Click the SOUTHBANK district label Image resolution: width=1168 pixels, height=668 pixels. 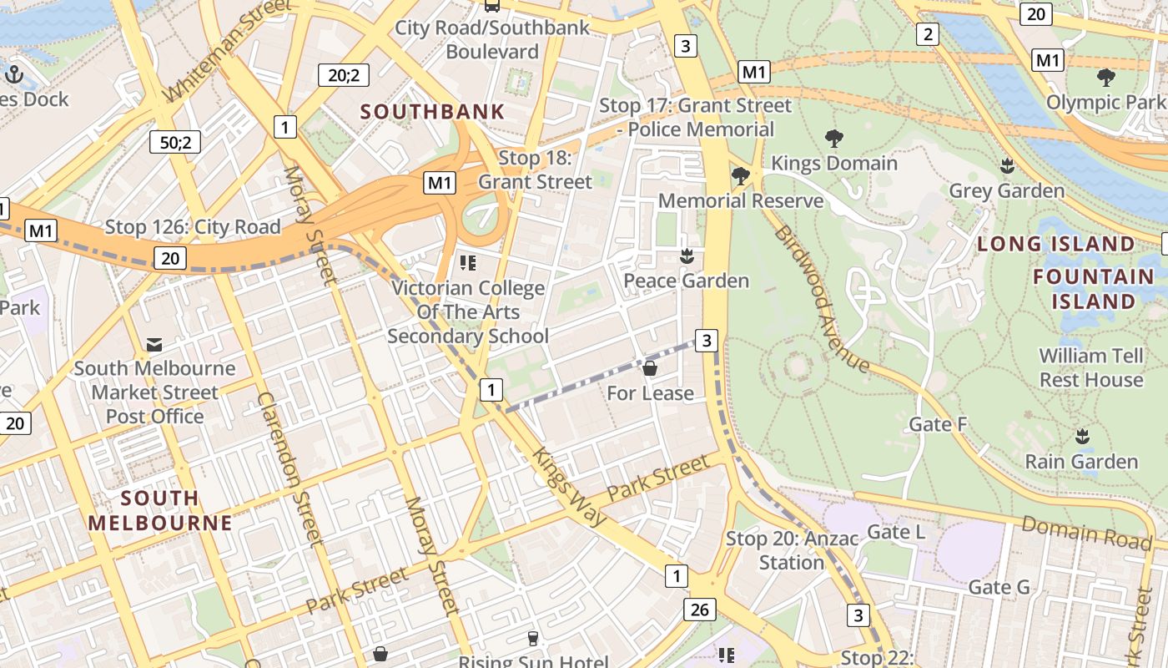[x=432, y=111]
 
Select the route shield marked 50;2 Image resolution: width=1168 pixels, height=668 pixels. [x=175, y=142]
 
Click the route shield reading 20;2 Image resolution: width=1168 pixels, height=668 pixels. [x=344, y=75]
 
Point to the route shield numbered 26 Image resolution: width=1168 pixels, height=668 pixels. [x=699, y=610]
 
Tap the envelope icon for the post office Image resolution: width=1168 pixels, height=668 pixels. [x=154, y=344]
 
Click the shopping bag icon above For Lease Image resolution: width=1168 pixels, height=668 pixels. [x=650, y=368]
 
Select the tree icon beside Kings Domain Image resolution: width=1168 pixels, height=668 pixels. [x=833, y=139]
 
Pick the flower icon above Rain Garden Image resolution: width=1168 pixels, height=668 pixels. [x=1082, y=437]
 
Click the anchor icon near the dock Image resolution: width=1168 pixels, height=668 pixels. [x=13, y=74]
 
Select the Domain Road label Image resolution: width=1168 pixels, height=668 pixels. [x=1086, y=533]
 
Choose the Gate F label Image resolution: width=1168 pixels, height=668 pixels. [x=938, y=424]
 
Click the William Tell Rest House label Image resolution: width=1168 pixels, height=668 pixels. [x=1090, y=367]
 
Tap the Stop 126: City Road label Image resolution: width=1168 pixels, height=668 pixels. [x=193, y=227]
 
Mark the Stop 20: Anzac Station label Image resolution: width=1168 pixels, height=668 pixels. [x=791, y=550]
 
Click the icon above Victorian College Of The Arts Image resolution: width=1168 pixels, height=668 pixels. [x=468, y=264]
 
